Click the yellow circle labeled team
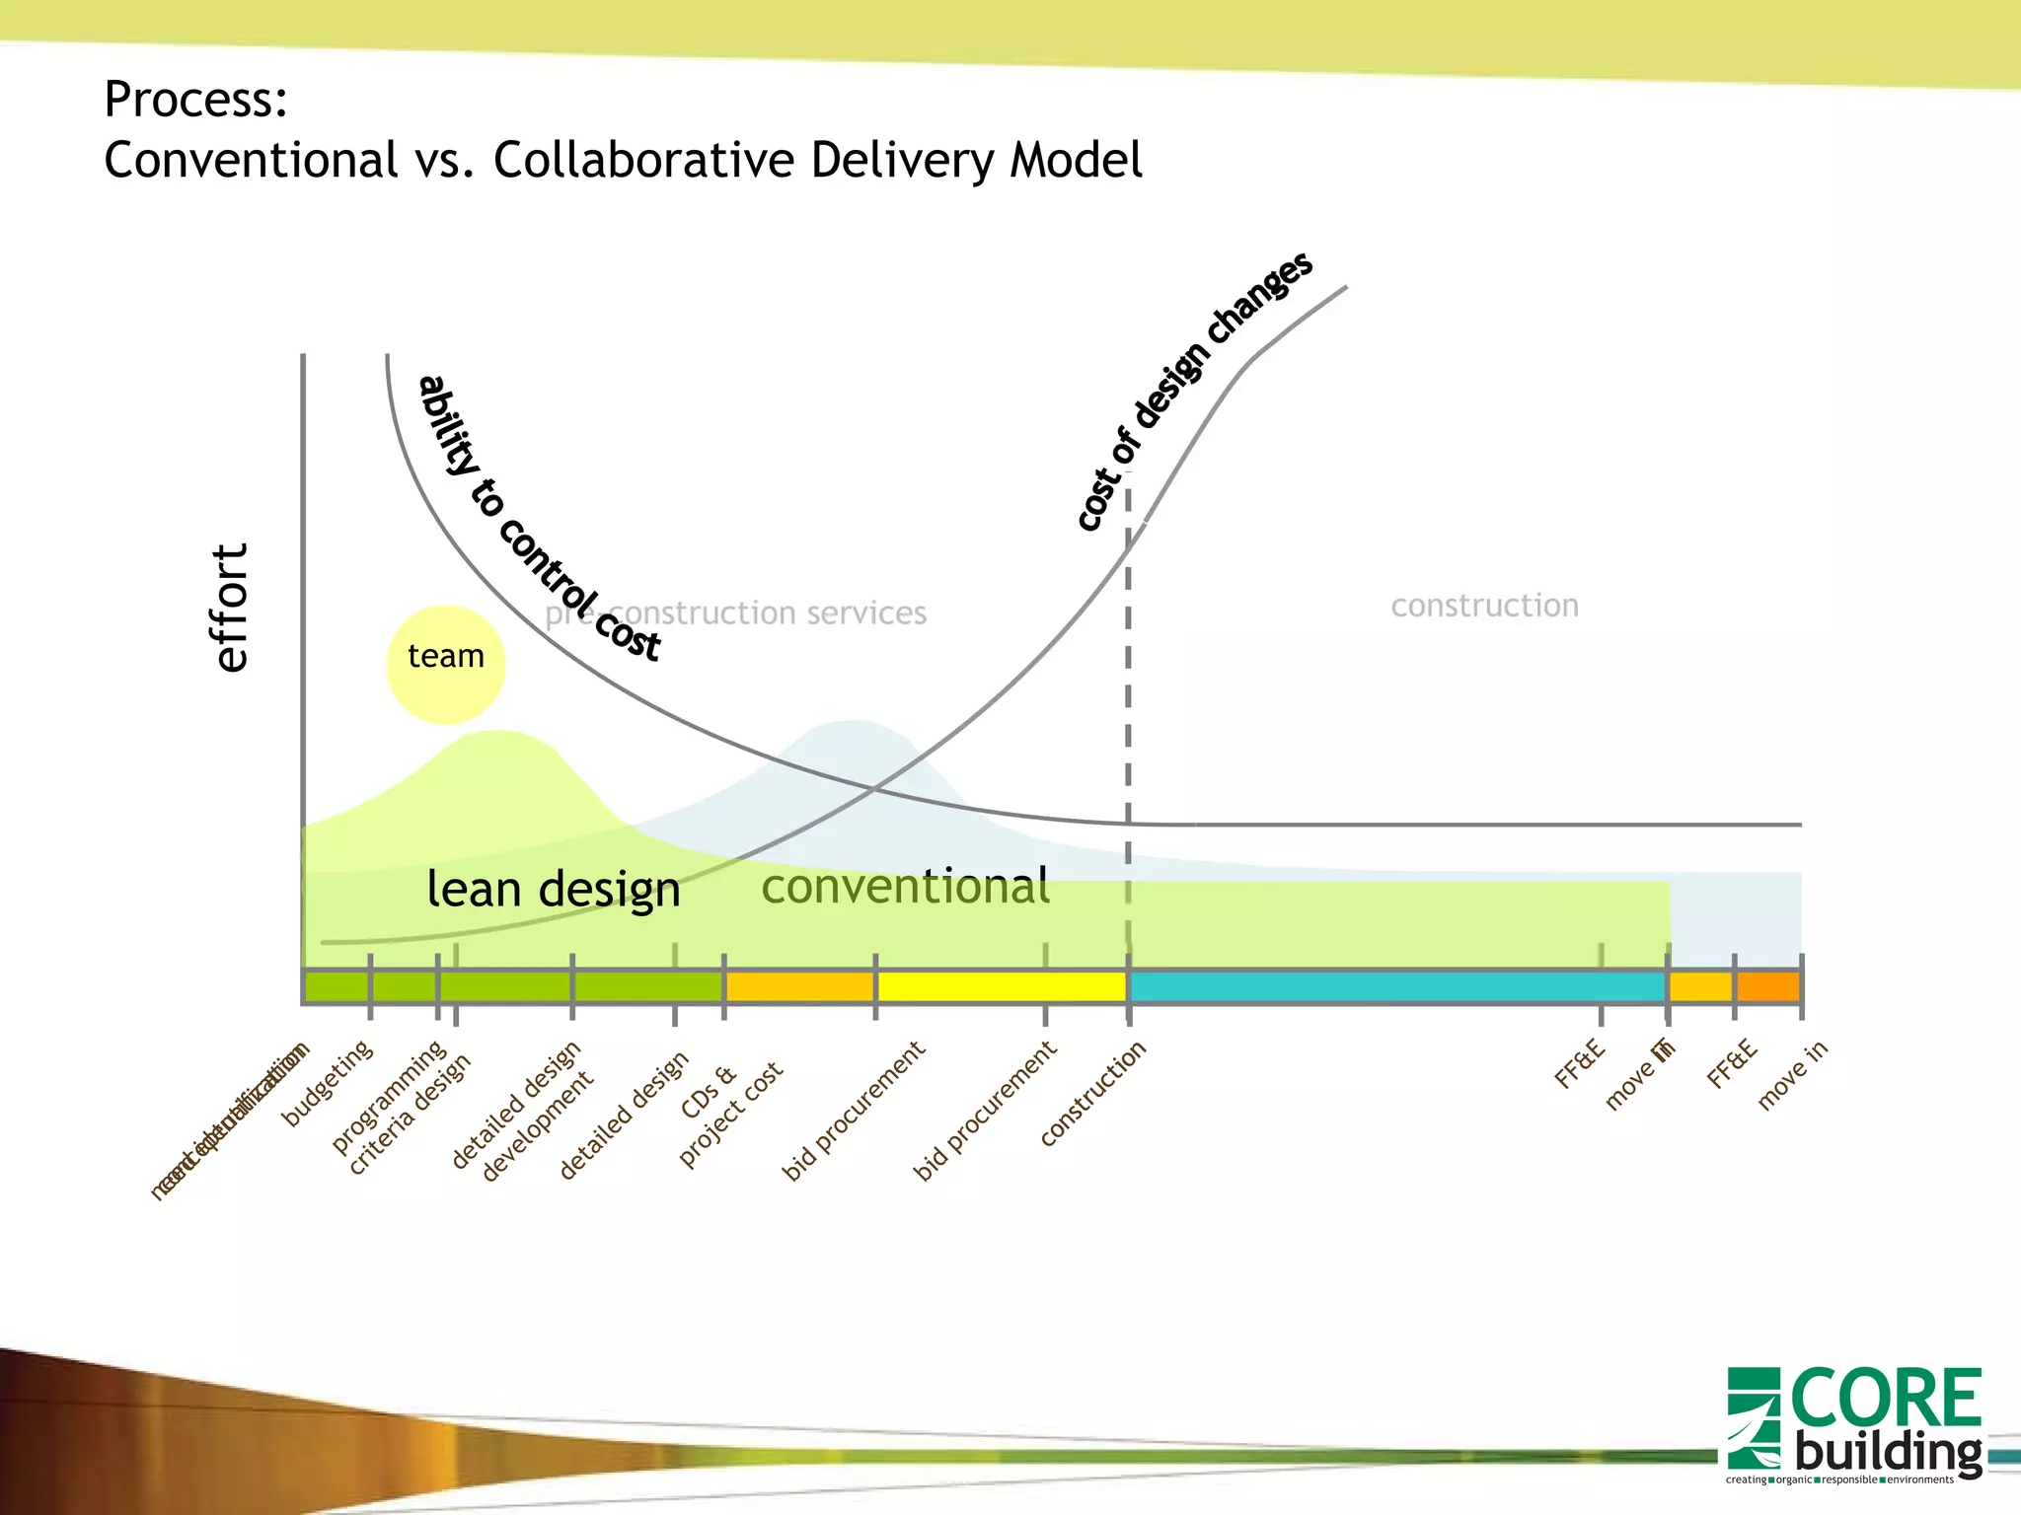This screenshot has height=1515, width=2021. pyautogui.click(x=445, y=664)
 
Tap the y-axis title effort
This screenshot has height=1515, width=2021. pyautogui.click(x=231, y=608)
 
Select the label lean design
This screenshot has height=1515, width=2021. pyautogui.click(x=553, y=889)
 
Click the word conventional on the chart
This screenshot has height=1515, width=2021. pyautogui.click(x=905, y=886)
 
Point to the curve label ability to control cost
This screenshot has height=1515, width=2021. pyautogui.click(x=538, y=519)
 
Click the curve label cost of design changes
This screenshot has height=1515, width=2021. pyautogui.click(x=1194, y=391)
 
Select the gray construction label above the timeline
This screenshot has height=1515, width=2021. pyautogui.click(x=1484, y=606)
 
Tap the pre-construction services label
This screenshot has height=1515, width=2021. pyautogui.click(x=736, y=613)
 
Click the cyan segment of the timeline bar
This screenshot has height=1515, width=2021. pyautogui.click(x=1396, y=986)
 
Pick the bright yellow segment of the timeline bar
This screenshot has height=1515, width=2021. pyautogui.click(x=1001, y=986)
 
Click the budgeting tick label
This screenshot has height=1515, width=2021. pyautogui.click(x=328, y=1082)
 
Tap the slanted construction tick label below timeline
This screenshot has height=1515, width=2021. pyautogui.click(x=1092, y=1094)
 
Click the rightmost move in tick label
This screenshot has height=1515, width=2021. pyautogui.click(x=1792, y=1075)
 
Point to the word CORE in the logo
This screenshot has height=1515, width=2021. pyautogui.click(x=1885, y=1399)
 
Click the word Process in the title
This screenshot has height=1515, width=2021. pyautogui.click(x=195, y=99)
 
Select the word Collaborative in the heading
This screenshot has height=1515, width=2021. pyautogui.click(x=643, y=160)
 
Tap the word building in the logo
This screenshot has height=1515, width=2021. pyautogui.click(x=1888, y=1453)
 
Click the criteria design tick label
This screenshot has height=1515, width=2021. pyautogui.click(x=410, y=1115)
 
